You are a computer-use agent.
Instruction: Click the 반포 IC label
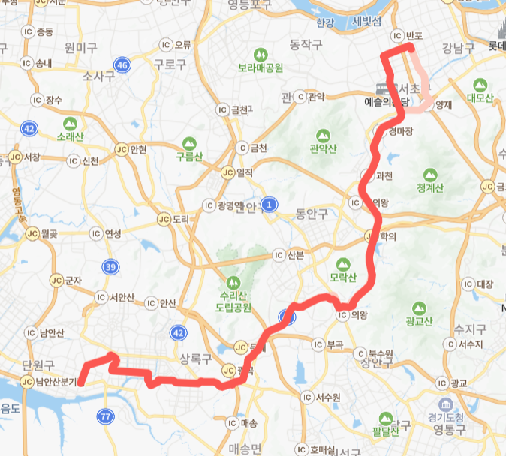click(x=415, y=34)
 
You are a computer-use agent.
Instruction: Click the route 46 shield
click(x=123, y=65)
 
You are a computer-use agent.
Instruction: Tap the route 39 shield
click(x=110, y=267)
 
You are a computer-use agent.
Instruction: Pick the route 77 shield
click(x=105, y=416)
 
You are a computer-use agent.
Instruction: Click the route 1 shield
click(x=271, y=203)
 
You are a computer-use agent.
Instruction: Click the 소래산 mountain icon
click(x=71, y=124)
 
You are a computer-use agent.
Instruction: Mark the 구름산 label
click(x=189, y=157)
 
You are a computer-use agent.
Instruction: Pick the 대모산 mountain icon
click(x=478, y=83)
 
